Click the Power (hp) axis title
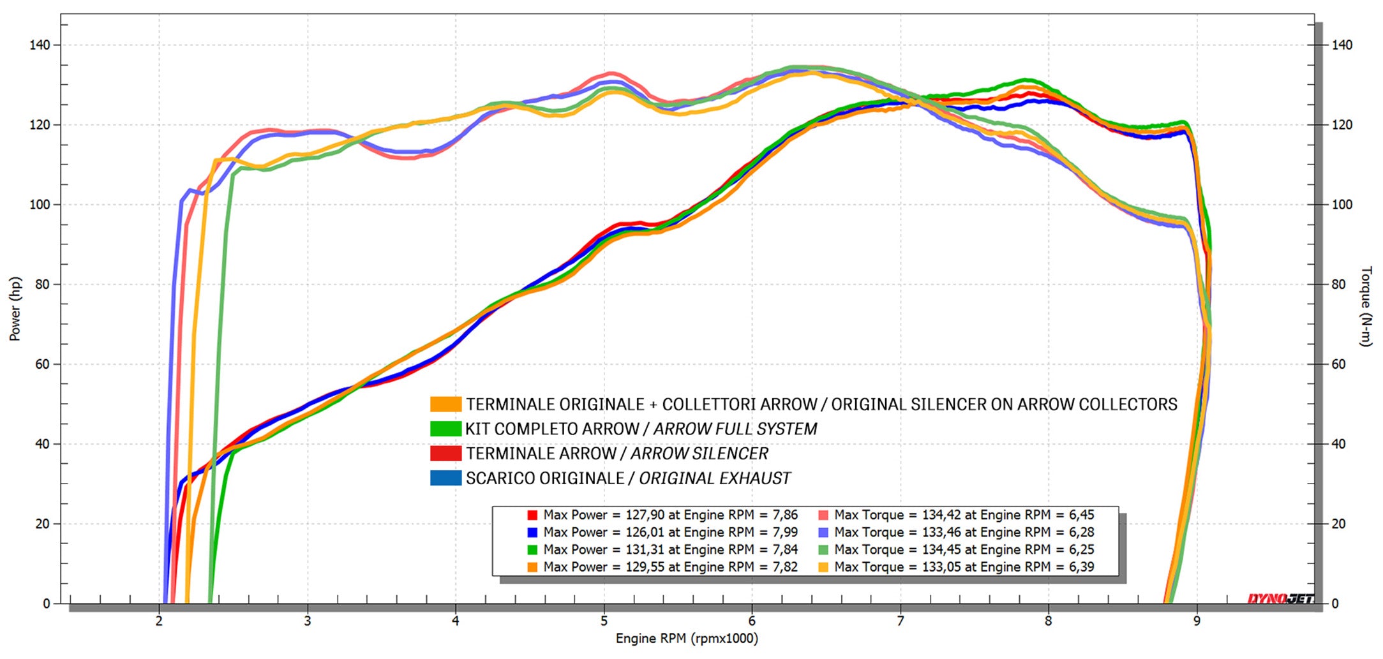tap(15, 309)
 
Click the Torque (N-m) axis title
tap(1365, 306)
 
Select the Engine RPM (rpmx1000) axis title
tap(687, 639)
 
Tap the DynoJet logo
tap(1280, 598)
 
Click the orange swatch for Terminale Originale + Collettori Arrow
tap(445, 404)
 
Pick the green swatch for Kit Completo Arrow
tap(445, 429)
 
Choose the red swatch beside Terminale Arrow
tap(445, 454)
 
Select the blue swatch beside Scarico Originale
tap(445, 478)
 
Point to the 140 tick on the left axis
tap(40, 45)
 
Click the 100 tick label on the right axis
tap(1342, 205)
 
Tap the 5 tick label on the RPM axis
tap(604, 621)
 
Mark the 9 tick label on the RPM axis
tap(1197, 621)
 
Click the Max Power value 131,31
tap(645, 549)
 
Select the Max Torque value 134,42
tap(941, 515)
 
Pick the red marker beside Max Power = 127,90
tap(532, 515)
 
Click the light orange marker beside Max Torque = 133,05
tap(823, 566)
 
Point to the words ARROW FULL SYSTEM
tap(735, 429)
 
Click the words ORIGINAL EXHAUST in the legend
tap(715, 478)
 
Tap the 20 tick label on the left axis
tap(42, 524)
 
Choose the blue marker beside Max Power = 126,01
tap(532, 532)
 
